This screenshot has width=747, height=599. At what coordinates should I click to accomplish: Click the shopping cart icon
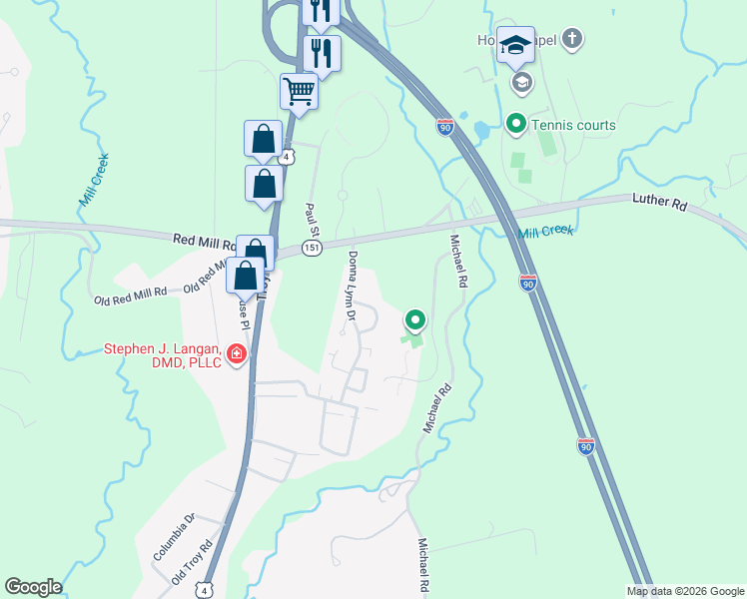[x=299, y=92]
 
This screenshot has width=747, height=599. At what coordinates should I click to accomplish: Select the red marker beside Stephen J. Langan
[x=237, y=354]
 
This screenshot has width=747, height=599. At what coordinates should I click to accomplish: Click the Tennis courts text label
[x=573, y=125]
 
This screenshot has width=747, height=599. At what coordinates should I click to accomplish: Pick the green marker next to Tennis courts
[x=516, y=125]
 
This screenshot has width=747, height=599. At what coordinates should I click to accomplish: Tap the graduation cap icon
[x=515, y=45]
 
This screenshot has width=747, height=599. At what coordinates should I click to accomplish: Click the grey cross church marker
[x=572, y=40]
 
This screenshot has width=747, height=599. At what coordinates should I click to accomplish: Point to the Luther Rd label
[x=660, y=203]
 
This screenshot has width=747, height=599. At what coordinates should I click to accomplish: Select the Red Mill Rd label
[x=202, y=240]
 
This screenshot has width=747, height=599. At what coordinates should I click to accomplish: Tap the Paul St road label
[x=311, y=220]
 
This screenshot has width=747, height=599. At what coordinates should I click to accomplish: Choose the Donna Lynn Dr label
[x=353, y=286]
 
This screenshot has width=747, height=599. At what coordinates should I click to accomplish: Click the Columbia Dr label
[x=174, y=535]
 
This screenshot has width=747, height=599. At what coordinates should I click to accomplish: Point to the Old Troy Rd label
[x=193, y=563]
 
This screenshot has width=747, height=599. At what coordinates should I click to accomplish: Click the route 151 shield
[x=313, y=248]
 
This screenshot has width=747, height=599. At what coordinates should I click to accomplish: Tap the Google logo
[x=33, y=587]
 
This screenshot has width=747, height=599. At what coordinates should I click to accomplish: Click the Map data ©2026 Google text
[x=685, y=591]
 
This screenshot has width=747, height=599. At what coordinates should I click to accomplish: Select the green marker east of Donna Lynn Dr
[x=415, y=320]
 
